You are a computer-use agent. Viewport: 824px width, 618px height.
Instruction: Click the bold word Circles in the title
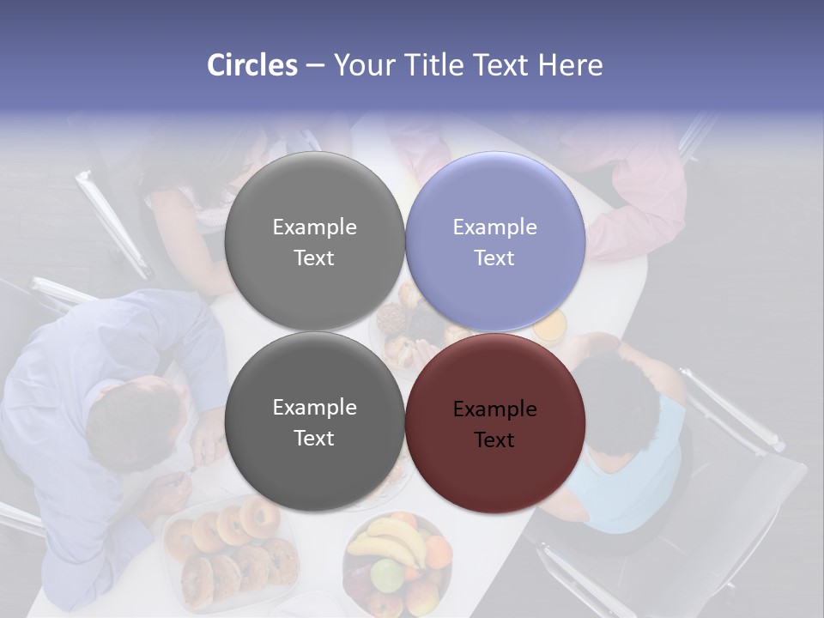click(x=251, y=65)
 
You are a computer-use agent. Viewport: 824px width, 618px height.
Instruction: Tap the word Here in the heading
click(x=571, y=65)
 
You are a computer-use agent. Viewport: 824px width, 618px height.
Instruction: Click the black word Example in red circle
click(x=494, y=409)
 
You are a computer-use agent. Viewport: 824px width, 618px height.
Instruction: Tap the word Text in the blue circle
click(x=494, y=257)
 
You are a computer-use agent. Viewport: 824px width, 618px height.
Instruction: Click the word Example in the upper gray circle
click(x=314, y=227)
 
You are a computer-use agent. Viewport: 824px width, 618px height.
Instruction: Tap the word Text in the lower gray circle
click(x=314, y=438)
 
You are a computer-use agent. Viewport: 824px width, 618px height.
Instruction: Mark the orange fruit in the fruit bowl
click(x=439, y=551)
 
